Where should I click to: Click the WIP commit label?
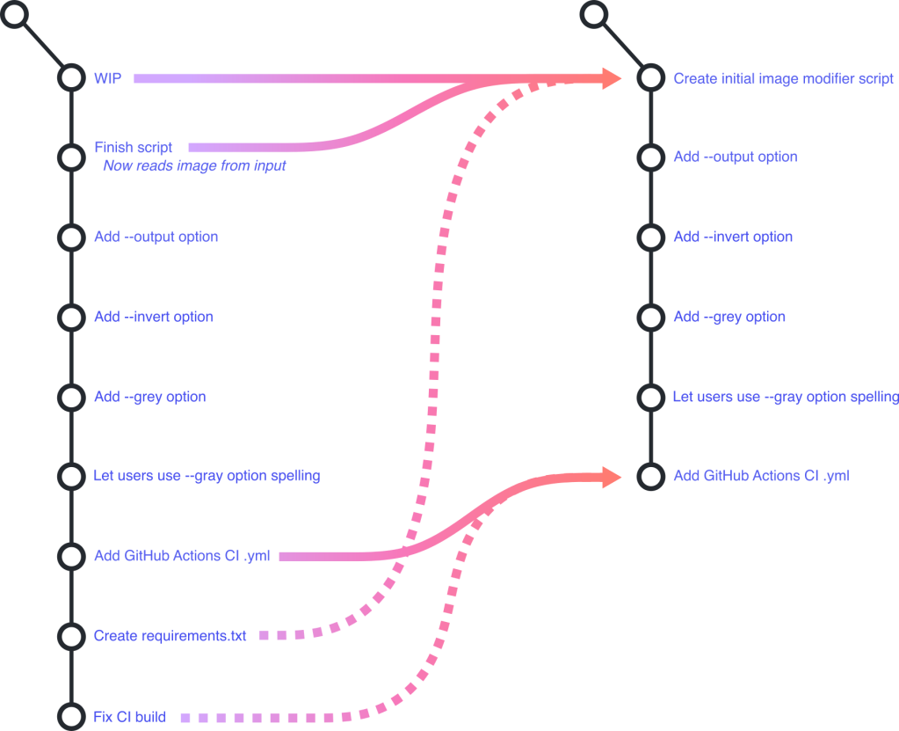pos(107,78)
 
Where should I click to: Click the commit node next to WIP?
pos(70,78)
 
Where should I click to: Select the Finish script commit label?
pos(133,148)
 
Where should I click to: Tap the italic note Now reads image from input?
pos(194,165)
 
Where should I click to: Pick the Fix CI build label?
pos(130,716)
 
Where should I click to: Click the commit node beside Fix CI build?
pos(70,716)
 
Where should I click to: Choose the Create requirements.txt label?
pos(170,635)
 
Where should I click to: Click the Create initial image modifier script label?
pos(783,78)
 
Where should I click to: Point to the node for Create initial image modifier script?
pos(650,78)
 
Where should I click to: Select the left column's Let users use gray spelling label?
pos(207,476)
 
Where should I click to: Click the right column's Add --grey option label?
pos(729,317)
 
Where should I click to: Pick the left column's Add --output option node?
pos(70,237)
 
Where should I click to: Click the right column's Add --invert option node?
pos(650,238)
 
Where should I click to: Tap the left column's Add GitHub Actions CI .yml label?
pos(182,556)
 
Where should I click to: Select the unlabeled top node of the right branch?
pos(594,14)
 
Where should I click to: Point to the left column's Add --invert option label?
pos(154,317)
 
